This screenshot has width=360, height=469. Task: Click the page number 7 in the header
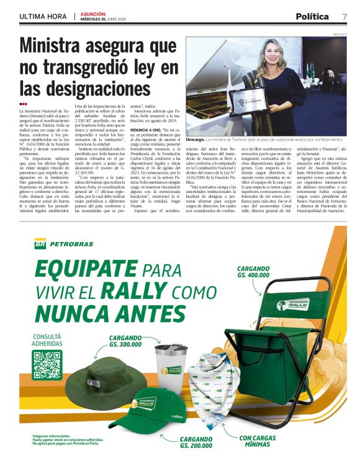[344, 16]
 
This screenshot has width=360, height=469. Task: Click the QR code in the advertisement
[47, 364]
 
